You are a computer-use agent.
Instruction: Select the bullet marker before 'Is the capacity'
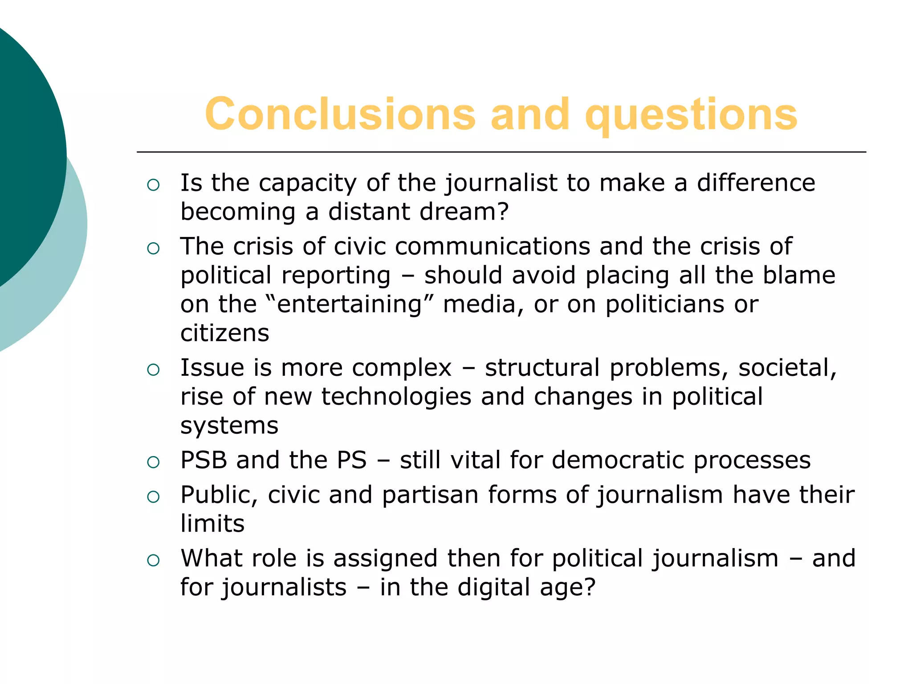153,185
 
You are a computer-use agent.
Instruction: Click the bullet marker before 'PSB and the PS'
153,462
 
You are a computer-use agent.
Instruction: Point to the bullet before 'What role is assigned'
153,560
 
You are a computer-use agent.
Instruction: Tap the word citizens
225,333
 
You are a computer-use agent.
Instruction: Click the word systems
229,426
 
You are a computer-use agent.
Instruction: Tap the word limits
212,524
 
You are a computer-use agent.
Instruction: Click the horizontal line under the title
501,152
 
